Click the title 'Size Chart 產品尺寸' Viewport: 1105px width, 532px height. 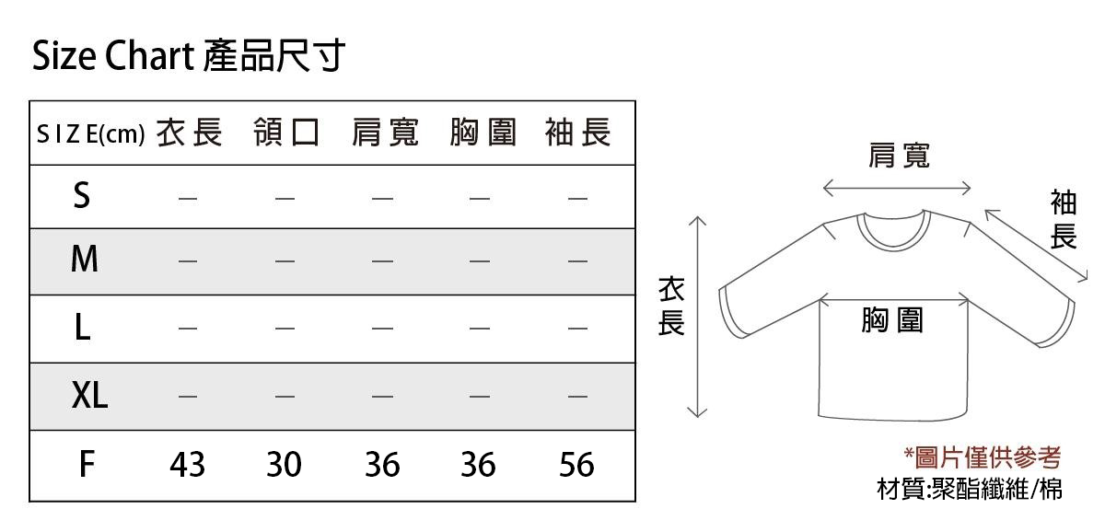pyautogui.click(x=189, y=55)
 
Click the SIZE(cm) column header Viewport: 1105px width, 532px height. pyautogui.click(x=91, y=133)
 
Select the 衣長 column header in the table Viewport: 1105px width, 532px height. pyautogui.click(x=190, y=133)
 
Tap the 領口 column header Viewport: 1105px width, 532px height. pyautogui.click(x=286, y=133)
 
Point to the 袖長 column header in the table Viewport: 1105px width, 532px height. pyautogui.click(x=578, y=133)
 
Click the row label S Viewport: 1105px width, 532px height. pyautogui.click(x=82, y=195)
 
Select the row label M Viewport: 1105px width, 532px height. pyautogui.click(x=85, y=259)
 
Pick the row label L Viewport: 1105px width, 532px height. pyautogui.click(x=82, y=328)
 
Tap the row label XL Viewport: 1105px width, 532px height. pyautogui.click(x=89, y=395)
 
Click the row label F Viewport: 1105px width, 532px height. pyautogui.click(x=87, y=464)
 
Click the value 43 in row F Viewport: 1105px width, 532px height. pyautogui.click(x=187, y=465)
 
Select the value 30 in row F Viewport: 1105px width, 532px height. pyautogui.click(x=284, y=465)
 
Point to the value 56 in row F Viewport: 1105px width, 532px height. pyautogui.click(x=576, y=465)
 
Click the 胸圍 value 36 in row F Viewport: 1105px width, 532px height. pyautogui.click(x=478, y=465)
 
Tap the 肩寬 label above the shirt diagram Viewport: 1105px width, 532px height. pyautogui.click(x=899, y=156)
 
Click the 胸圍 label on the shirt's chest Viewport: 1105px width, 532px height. pyautogui.click(x=892, y=320)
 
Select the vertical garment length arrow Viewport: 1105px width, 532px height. pyautogui.click(x=697, y=317)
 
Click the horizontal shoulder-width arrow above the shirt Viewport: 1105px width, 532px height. pyautogui.click(x=897, y=188)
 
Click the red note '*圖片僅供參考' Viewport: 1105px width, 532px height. pyautogui.click(x=982, y=458)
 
